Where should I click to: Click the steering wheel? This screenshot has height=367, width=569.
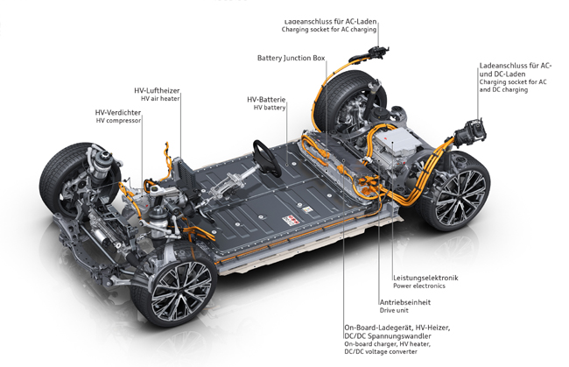tap(267, 159)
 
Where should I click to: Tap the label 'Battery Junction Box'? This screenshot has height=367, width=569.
tap(291, 58)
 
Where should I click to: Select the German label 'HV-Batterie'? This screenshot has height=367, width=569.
tap(266, 100)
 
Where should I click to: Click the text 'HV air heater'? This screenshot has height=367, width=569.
tap(160, 98)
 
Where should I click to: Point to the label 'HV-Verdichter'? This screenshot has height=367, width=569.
tap(118, 113)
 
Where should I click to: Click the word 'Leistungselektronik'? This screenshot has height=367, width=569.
tap(425, 278)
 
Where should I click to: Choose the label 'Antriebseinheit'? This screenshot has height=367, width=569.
tap(405, 302)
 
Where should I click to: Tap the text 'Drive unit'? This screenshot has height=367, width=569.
tap(394, 310)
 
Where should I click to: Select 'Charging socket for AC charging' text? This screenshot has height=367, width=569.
tap(329, 30)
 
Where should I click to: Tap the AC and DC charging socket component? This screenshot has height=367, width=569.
tap(471, 133)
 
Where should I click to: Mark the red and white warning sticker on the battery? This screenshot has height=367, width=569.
tap(291, 220)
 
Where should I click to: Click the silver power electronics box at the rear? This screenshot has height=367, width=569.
tap(395, 143)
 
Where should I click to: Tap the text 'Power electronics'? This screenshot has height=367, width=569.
tap(419, 286)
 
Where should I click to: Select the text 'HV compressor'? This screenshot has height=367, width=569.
tap(118, 121)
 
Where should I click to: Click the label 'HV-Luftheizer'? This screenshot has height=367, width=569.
tap(157, 91)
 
